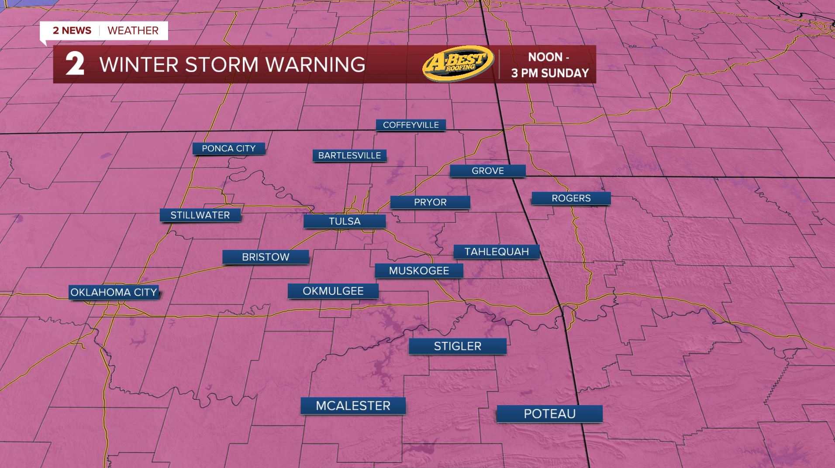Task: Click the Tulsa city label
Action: (x=345, y=221)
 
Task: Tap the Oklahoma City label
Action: (x=114, y=292)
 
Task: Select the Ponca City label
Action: (x=228, y=148)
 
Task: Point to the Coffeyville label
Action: (x=411, y=125)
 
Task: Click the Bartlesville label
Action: (x=349, y=155)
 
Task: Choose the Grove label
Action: (x=487, y=171)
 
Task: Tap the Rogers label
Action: (x=571, y=198)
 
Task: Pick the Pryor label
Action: (x=430, y=202)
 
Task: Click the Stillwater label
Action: (x=200, y=215)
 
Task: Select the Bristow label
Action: (x=266, y=257)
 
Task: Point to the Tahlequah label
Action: (x=497, y=252)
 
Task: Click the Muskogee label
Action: (x=419, y=270)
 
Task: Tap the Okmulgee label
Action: (x=333, y=291)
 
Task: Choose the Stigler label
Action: (x=457, y=346)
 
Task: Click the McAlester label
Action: (x=353, y=406)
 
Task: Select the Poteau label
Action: (x=549, y=413)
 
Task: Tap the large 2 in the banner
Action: (x=75, y=65)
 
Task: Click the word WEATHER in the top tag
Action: (x=133, y=31)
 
